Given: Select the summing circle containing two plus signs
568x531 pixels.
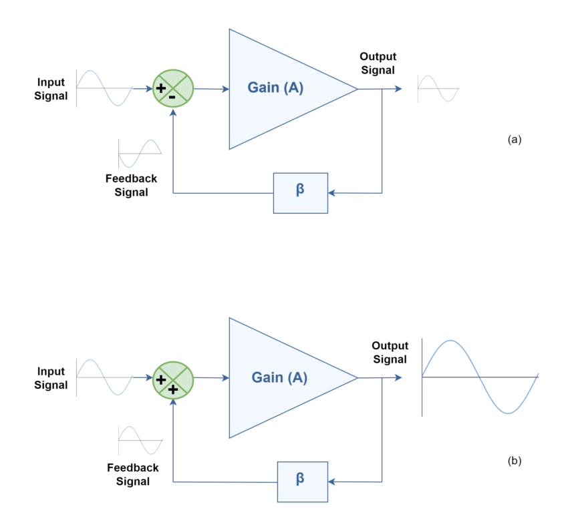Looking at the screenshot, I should (172, 379).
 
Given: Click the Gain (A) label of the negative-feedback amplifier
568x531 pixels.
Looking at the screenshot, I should (275, 87).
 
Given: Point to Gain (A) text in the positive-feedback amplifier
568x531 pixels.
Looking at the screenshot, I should (279, 377).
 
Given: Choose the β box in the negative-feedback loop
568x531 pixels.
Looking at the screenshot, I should (301, 193).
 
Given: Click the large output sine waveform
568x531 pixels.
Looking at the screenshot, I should (480, 377).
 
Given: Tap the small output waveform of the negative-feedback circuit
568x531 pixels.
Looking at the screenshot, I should (438, 88).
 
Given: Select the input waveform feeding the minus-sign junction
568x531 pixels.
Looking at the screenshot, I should (104, 88).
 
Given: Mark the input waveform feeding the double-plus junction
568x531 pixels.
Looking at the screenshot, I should (104, 377).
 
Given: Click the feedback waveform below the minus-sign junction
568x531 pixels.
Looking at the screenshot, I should (140, 154).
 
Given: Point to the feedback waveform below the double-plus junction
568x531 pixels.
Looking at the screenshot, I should (140, 441).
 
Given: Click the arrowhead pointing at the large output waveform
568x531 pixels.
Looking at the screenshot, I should (399, 378).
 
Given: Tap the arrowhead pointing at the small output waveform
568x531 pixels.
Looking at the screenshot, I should (399, 88).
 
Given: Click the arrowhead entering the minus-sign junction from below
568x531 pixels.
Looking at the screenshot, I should (173, 113).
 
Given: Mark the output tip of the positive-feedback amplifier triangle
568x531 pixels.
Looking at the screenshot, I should (357, 378).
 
